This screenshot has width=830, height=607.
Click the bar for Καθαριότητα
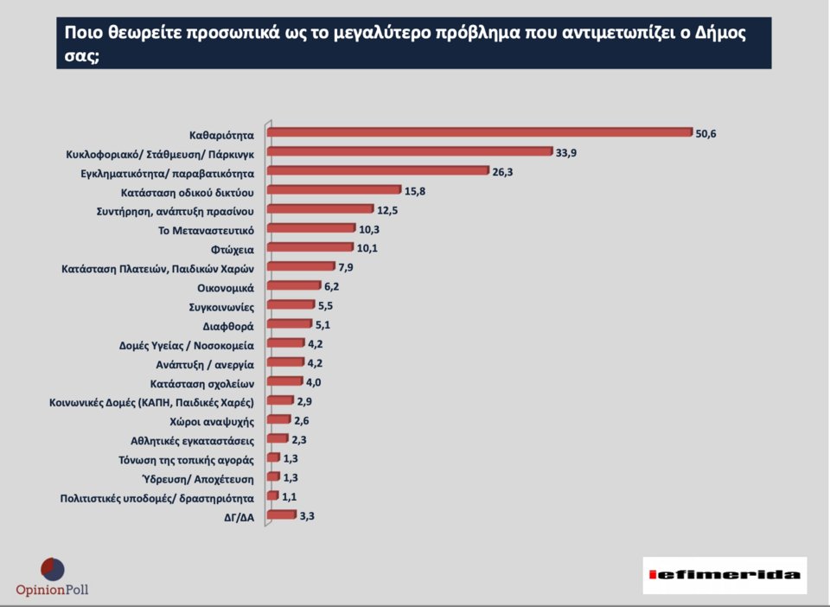480,132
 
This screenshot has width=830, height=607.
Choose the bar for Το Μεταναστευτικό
311,228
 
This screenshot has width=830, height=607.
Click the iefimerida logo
725,575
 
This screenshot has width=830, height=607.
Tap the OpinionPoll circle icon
52,570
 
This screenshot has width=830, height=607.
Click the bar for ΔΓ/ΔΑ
281,514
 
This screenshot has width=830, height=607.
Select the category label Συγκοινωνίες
220,306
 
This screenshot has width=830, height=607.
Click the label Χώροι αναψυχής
212,421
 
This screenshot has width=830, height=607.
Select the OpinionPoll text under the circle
52,591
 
